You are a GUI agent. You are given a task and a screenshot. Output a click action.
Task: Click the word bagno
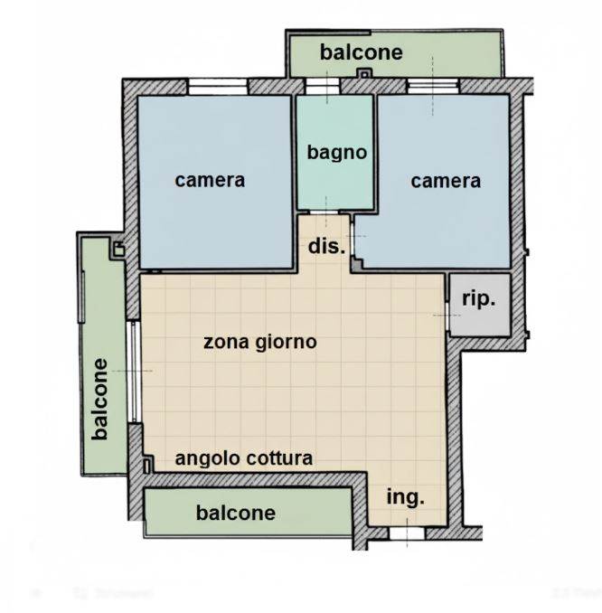(336, 152)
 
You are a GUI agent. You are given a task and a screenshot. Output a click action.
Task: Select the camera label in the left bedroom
(210, 180)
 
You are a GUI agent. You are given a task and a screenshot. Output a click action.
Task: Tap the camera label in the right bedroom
(446, 181)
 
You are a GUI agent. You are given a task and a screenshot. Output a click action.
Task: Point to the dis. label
(326, 246)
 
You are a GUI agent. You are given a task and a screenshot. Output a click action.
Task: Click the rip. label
(478, 298)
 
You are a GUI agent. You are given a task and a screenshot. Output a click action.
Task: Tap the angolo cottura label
(243, 458)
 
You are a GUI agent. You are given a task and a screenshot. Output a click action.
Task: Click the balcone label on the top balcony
(361, 52)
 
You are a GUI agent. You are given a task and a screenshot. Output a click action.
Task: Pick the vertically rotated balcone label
(100, 400)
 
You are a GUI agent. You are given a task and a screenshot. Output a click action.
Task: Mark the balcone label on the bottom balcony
(235, 514)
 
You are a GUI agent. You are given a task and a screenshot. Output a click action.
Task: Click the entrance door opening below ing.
(407, 534)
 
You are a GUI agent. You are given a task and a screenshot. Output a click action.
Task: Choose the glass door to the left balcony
(134, 371)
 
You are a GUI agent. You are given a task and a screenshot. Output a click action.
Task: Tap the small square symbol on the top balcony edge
(363, 73)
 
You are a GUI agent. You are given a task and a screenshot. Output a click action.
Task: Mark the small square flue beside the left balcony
(117, 250)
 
